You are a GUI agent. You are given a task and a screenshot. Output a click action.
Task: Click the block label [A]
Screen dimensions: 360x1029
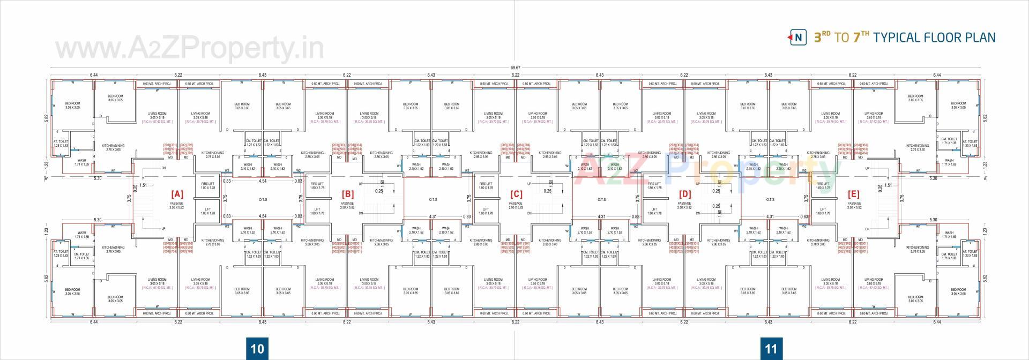[177, 194]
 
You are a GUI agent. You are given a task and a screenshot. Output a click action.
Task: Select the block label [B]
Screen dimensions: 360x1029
[347, 194]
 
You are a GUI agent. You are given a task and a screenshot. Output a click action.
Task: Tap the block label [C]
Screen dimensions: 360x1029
[516, 194]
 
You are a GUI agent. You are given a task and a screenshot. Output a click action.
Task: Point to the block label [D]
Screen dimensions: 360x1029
[684, 194]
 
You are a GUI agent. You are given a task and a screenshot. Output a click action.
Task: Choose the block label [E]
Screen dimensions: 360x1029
[854, 194]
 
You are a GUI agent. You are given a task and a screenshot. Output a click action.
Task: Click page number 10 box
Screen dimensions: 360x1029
[257, 349]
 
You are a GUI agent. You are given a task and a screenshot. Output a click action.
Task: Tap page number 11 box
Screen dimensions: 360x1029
[770, 349]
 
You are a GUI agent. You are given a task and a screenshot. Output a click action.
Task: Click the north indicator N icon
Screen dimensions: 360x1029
[798, 37]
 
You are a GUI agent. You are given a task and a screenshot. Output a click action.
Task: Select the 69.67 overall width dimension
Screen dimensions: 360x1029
[515, 68]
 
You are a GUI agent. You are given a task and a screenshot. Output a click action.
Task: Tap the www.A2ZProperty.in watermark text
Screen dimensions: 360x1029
[190, 49]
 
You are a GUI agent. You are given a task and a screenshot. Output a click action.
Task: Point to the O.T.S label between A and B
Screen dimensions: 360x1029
[263, 200]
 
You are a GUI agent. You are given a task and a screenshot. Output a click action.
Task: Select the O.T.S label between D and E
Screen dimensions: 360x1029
[770, 200]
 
